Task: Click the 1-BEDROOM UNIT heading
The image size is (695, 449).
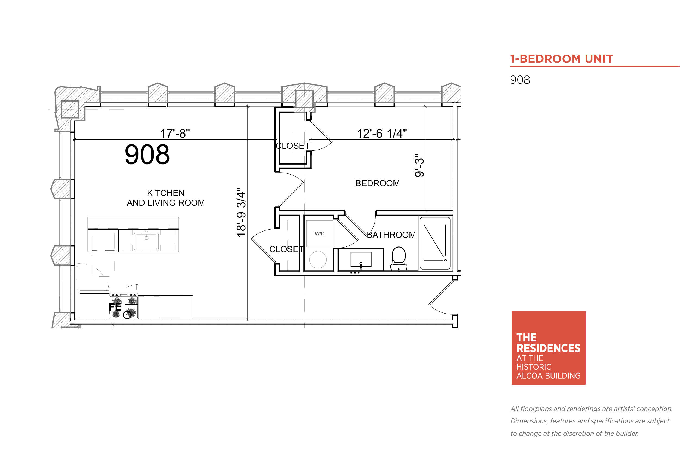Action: [x=561, y=59]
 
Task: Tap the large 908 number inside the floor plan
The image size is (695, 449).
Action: [x=147, y=154]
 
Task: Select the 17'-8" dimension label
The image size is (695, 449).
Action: [x=175, y=134]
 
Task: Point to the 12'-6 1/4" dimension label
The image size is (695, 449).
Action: [x=382, y=134]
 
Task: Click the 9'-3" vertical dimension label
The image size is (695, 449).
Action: [x=419, y=165]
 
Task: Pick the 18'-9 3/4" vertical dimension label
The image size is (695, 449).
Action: [x=241, y=212]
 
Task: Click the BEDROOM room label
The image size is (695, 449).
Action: [x=377, y=183]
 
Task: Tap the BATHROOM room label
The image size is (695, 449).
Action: [x=391, y=235]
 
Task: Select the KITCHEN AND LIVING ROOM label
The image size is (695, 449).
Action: [x=165, y=198]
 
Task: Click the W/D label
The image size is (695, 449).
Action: [x=320, y=233]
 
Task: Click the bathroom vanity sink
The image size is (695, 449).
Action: [x=361, y=260]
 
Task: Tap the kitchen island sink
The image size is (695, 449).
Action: [x=146, y=241]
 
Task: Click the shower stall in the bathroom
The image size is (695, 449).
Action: [x=435, y=243]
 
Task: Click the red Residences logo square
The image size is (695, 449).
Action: [x=548, y=348]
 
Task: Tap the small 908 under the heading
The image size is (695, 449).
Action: [x=520, y=80]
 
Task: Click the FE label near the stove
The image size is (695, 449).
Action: [x=115, y=307]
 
